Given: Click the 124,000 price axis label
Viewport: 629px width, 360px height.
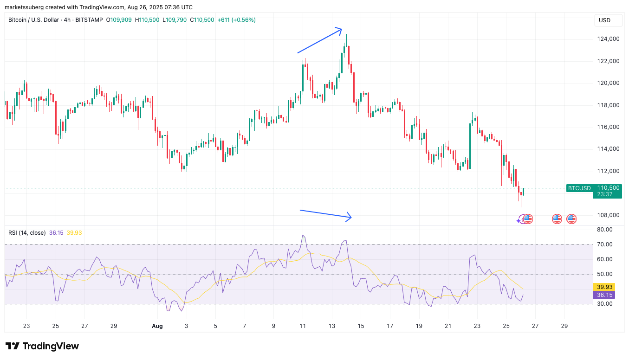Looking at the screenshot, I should coord(607,39).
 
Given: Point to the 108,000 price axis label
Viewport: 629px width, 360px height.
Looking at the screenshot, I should coord(607,215).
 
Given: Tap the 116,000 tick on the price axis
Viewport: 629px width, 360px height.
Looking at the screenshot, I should coord(607,127).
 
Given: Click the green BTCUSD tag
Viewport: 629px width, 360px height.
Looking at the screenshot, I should coord(579,188).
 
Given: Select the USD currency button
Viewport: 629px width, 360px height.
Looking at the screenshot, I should coord(604,20).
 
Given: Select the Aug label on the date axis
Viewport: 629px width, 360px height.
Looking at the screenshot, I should coord(157,326).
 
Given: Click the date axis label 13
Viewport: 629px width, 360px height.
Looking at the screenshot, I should coord(331,326).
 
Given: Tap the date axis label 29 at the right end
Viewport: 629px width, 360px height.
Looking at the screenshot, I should coord(564,326).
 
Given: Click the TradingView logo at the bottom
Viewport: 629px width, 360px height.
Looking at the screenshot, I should coord(42,346).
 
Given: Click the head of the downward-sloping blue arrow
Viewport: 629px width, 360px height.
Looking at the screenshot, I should coord(350,217).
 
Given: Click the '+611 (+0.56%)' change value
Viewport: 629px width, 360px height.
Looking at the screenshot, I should coord(236,20).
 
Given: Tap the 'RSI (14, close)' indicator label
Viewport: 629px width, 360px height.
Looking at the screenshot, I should coord(27,232).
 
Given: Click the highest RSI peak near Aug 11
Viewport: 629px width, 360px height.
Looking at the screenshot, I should coord(303,235).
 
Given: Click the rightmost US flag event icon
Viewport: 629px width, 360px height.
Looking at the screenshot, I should coord(571,219).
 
